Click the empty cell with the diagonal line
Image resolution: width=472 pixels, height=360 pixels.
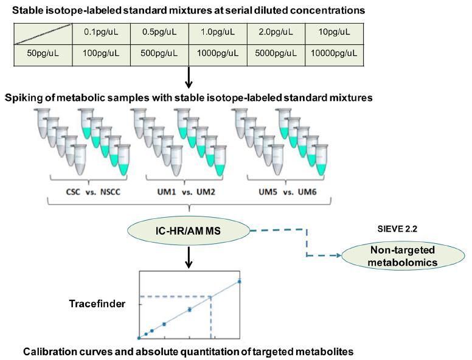pyautogui.click(x=43, y=34)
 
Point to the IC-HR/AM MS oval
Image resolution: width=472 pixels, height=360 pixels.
pyautogui.click(x=189, y=231)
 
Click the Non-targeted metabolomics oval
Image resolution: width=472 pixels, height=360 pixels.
pyautogui.click(x=403, y=256)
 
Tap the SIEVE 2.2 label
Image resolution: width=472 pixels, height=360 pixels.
pyautogui.click(x=397, y=229)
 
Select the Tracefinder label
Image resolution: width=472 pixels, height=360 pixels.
pyautogui.click(x=97, y=303)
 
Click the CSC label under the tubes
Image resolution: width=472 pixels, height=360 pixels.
pyautogui.click(x=73, y=192)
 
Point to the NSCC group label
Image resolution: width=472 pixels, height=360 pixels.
pyautogui.click(x=110, y=192)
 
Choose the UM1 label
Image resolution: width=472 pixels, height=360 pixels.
pyautogui.click(x=166, y=192)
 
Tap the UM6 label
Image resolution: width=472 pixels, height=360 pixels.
pyautogui.click(x=307, y=192)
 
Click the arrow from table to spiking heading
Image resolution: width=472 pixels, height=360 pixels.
pyautogui.click(x=189, y=77)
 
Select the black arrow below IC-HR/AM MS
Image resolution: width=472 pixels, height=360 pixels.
pyautogui.click(x=189, y=258)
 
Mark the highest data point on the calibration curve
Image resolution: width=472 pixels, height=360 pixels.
pyautogui.click(x=240, y=282)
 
